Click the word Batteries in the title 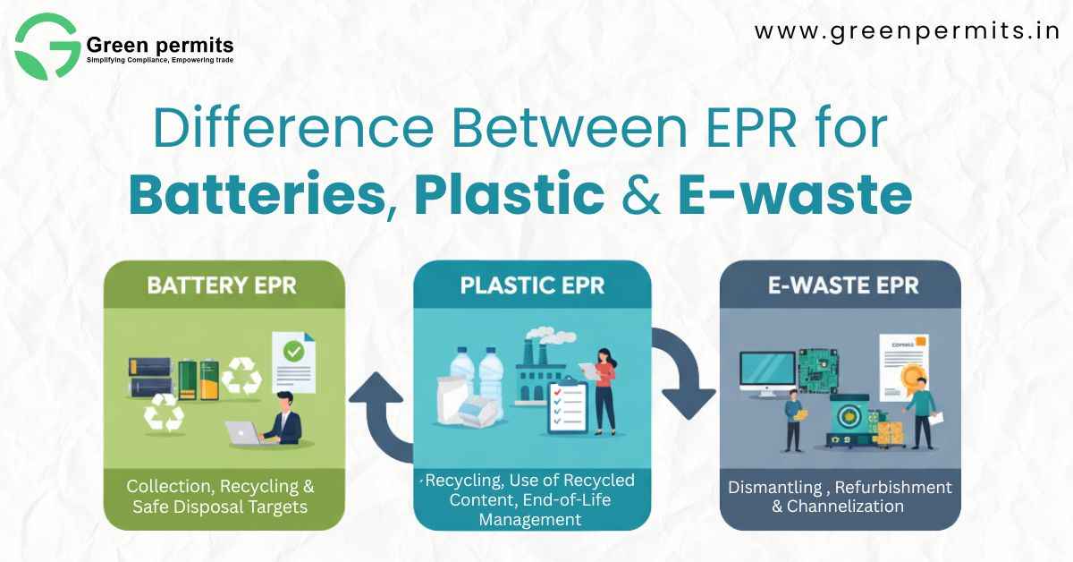256,196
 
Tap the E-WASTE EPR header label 840,288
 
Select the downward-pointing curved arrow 684,376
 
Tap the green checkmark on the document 292,353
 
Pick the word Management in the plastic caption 529,519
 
